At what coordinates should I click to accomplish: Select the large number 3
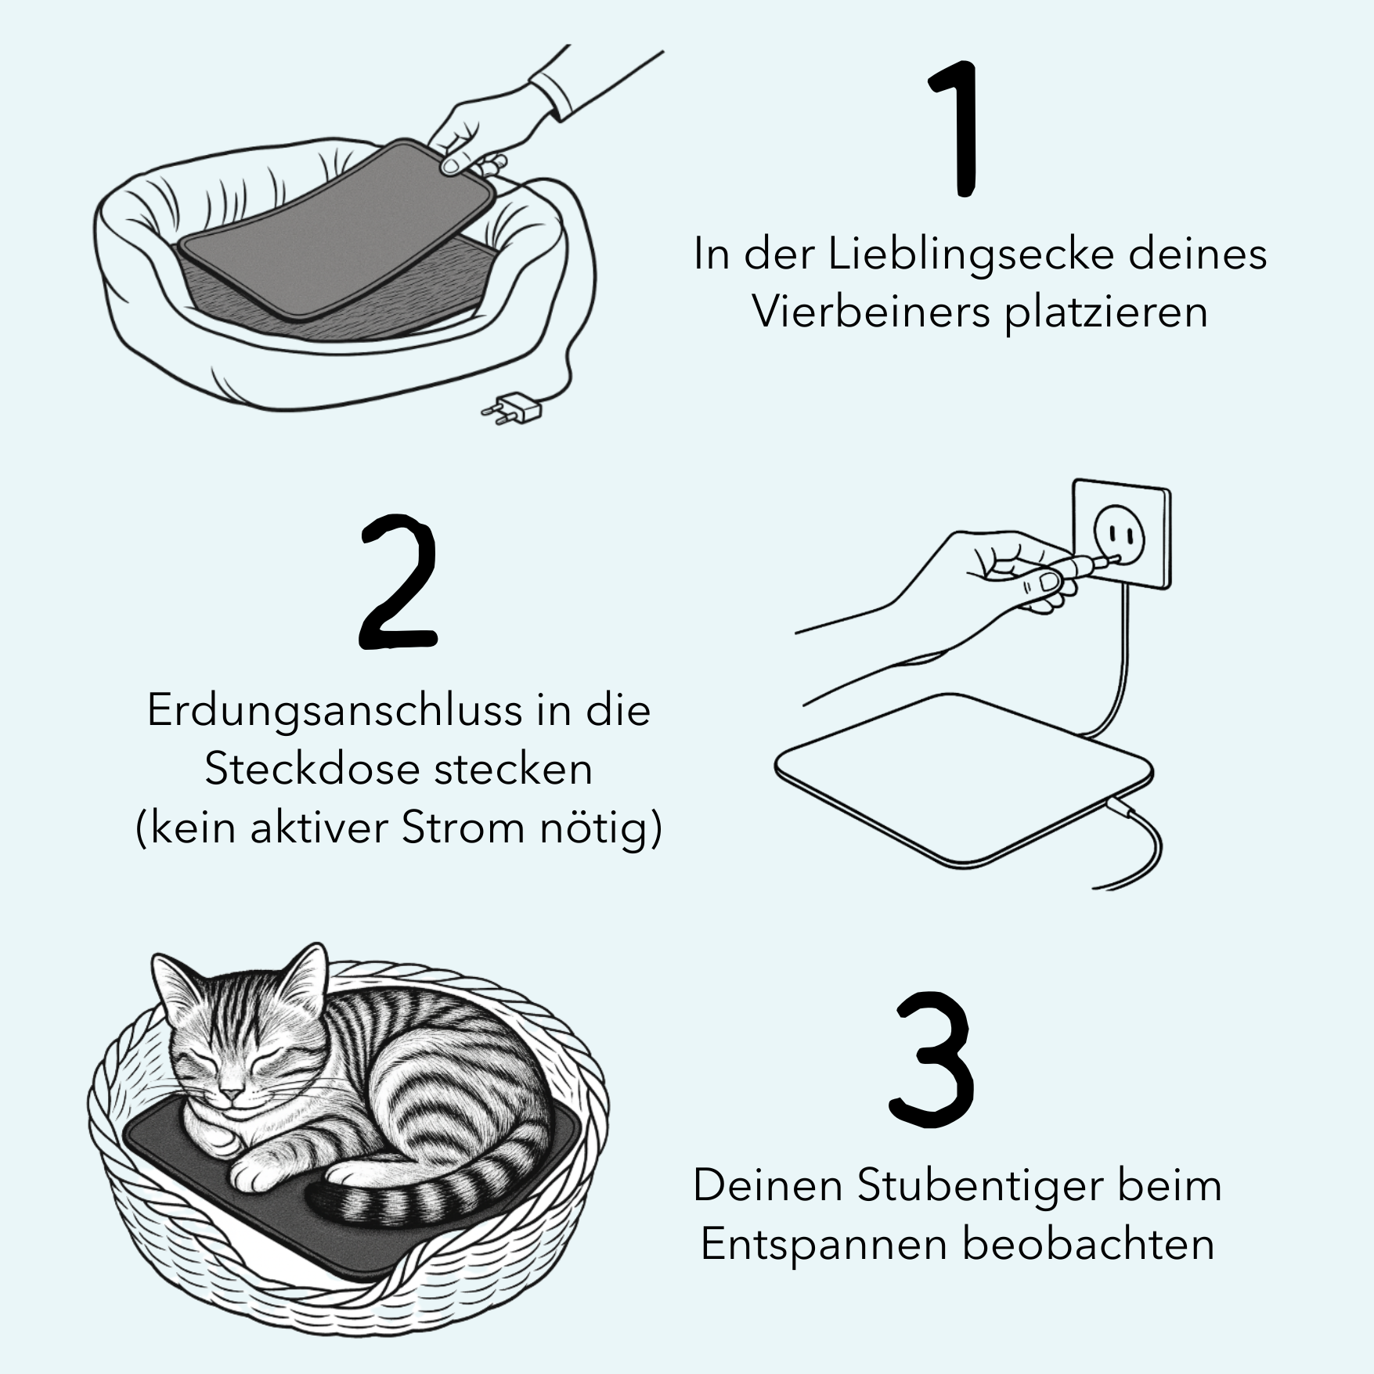[932, 1060]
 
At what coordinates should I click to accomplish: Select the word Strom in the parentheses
[462, 828]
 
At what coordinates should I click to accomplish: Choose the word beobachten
[1088, 1245]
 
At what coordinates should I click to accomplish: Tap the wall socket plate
[1121, 535]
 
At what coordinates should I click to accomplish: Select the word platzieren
[1106, 313]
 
